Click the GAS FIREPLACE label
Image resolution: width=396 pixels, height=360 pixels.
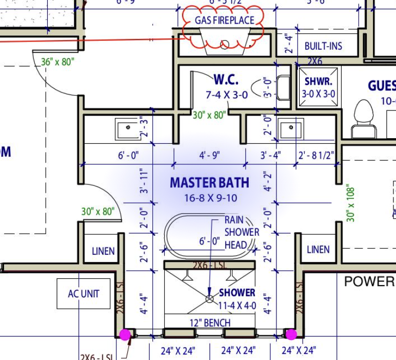pos(224,21)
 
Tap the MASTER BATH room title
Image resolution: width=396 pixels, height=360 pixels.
pos(209,183)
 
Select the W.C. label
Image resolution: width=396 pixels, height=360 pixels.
pos(226,80)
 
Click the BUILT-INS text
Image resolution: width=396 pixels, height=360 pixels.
pos(323,46)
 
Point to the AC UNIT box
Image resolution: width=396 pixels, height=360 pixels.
pos(83,294)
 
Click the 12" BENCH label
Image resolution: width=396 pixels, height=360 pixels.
pos(209,323)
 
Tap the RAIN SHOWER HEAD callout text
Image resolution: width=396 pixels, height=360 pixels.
pos(242,232)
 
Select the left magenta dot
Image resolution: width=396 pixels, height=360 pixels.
pos(125,335)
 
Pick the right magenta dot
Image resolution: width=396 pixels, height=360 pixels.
pos(291,335)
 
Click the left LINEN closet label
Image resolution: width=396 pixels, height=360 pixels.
pos(103,251)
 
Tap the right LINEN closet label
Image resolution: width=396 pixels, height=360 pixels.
pos(318,250)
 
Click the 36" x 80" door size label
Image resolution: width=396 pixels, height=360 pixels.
pos(57,62)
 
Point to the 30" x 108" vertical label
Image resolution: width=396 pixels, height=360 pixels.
pos(351,203)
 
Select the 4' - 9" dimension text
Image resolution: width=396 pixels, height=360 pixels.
pos(209,155)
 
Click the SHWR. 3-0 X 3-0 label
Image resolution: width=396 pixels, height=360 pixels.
pos(319,87)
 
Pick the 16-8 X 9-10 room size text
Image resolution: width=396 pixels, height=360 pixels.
pos(211,198)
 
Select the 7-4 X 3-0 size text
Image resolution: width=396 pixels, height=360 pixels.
pos(227,95)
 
